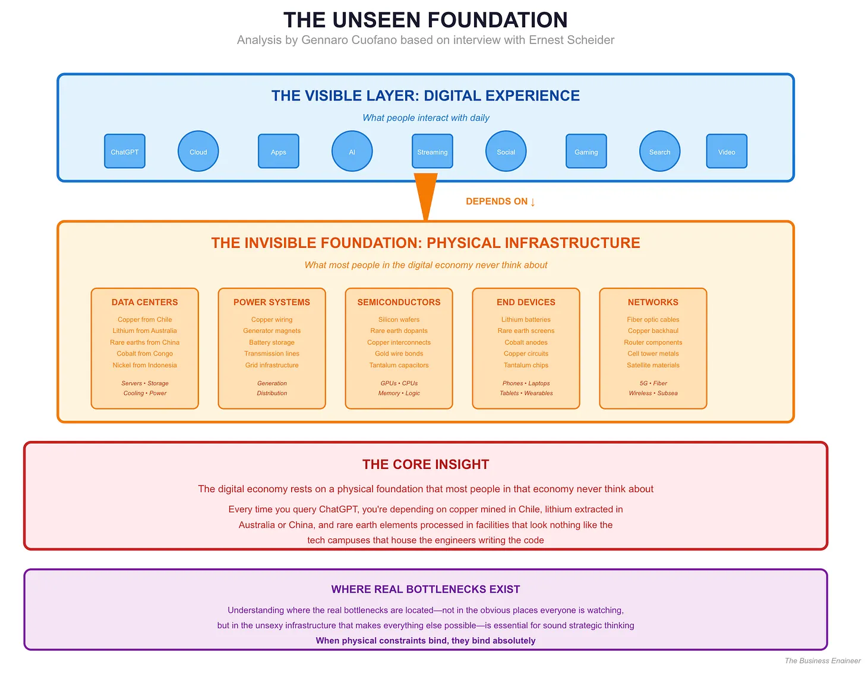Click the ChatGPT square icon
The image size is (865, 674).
125,152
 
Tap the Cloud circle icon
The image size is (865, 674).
198,152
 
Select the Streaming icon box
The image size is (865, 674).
432,152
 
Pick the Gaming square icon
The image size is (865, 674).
586,152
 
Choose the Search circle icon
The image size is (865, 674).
659,152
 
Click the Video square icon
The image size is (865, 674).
727,152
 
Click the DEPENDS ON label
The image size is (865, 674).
500,201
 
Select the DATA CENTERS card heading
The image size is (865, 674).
145,302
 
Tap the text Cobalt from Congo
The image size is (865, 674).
145,354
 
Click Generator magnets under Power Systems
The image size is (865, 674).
272,331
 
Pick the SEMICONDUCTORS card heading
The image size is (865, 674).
399,302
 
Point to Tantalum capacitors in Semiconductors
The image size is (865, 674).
399,366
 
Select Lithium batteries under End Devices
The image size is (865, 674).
526,320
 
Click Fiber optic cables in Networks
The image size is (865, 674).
653,320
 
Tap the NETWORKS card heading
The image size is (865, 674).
653,302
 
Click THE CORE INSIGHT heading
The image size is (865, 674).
425,464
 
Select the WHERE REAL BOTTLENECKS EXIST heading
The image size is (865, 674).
425,589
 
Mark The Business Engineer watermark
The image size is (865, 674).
822,661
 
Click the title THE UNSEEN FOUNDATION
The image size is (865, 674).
425,20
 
